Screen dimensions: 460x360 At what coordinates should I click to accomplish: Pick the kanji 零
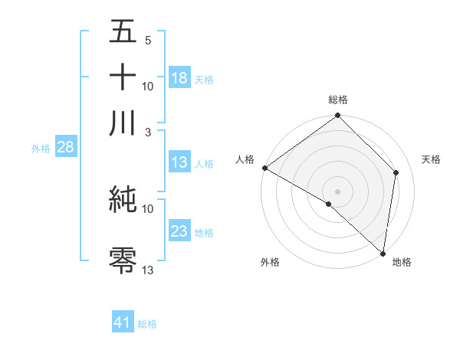(x=123, y=259)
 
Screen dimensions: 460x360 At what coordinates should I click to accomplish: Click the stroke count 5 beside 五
(x=148, y=40)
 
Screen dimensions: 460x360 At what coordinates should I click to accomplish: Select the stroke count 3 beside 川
(x=148, y=131)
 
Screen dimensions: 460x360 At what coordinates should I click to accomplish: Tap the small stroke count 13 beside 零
(x=148, y=270)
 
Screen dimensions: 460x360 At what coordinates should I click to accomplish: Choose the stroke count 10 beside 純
(x=148, y=208)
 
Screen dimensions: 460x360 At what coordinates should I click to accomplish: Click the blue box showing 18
(x=179, y=78)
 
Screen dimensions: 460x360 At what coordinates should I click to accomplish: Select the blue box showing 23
(x=179, y=231)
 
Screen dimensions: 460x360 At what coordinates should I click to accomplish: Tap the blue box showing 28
(x=65, y=148)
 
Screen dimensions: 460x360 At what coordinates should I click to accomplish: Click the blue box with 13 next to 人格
(x=179, y=162)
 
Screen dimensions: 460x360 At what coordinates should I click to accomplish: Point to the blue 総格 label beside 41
(x=147, y=324)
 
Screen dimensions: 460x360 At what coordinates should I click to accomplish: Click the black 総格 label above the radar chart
(x=337, y=100)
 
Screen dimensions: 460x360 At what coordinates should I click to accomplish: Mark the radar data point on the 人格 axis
(x=264, y=168)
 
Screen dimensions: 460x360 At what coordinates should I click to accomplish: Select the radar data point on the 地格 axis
(x=383, y=253)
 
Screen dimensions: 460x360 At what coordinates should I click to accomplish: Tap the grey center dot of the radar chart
(x=338, y=191)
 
